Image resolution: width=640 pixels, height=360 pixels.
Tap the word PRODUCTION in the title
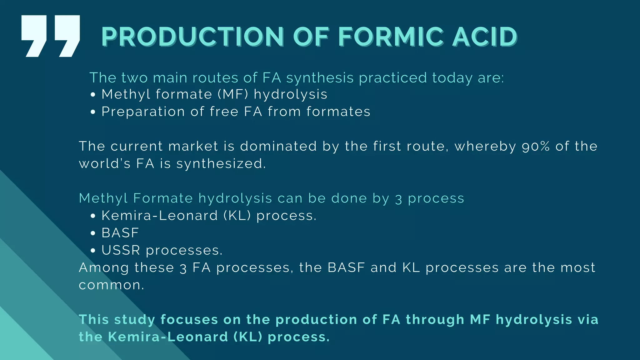pyautogui.click(x=192, y=37)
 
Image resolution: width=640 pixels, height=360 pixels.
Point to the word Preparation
pyautogui.click(x=143, y=112)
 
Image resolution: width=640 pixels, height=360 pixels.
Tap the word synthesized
pyautogui.click(x=221, y=164)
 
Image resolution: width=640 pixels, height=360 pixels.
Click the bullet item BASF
pyautogui.click(x=120, y=233)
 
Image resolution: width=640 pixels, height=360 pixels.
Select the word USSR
pyautogui.click(x=121, y=250)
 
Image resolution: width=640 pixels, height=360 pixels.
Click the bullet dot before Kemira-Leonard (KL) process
pyautogui.click(x=92, y=216)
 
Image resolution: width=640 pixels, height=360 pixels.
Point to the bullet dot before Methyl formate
pyautogui.click(x=92, y=95)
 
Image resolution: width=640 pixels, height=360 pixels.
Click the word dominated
pyautogui.click(x=278, y=146)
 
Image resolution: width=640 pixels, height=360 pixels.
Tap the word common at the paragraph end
pyautogui.click(x=111, y=285)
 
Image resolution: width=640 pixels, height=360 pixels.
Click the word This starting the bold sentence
pyautogui.click(x=93, y=319)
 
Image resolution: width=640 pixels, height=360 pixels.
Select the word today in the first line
pyautogui.click(x=452, y=78)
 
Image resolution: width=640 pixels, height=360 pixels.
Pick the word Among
pyautogui.click(x=104, y=267)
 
